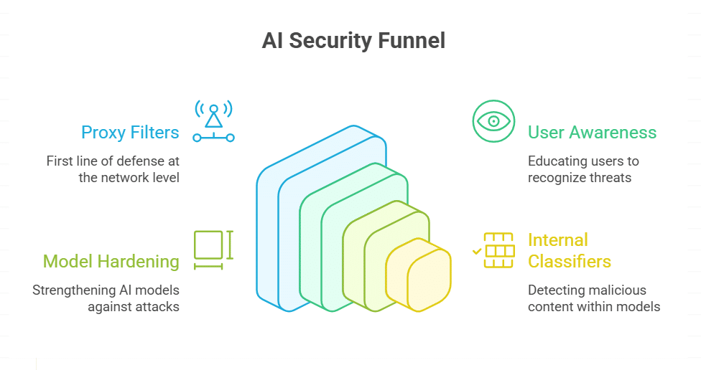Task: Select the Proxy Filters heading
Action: (x=130, y=132)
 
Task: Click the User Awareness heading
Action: (x=592, y=132)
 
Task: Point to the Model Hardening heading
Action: (x=111, y=261)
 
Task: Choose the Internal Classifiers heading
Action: (x=569, y=250)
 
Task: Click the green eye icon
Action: (x=493, y=120)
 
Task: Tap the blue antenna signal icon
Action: (x=213, y=120)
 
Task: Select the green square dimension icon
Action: (x=210, y=246)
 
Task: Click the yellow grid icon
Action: (x=498, y=250)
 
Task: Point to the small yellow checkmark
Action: (x=476, y=252)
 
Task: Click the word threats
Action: (x=608, y=176)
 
